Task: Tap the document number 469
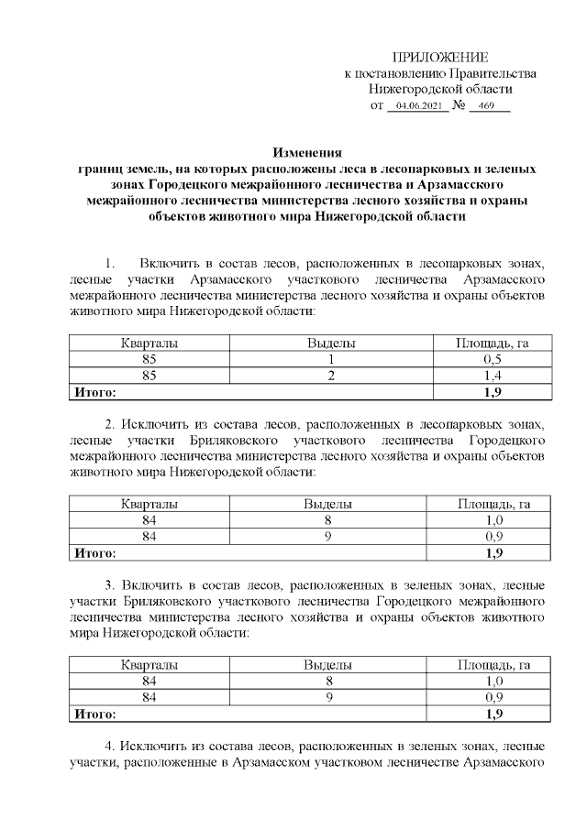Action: click(x=486, y=107)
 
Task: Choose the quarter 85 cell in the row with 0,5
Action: click(x=150, y=360)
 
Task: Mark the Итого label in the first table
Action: click(x=94, y=393)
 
